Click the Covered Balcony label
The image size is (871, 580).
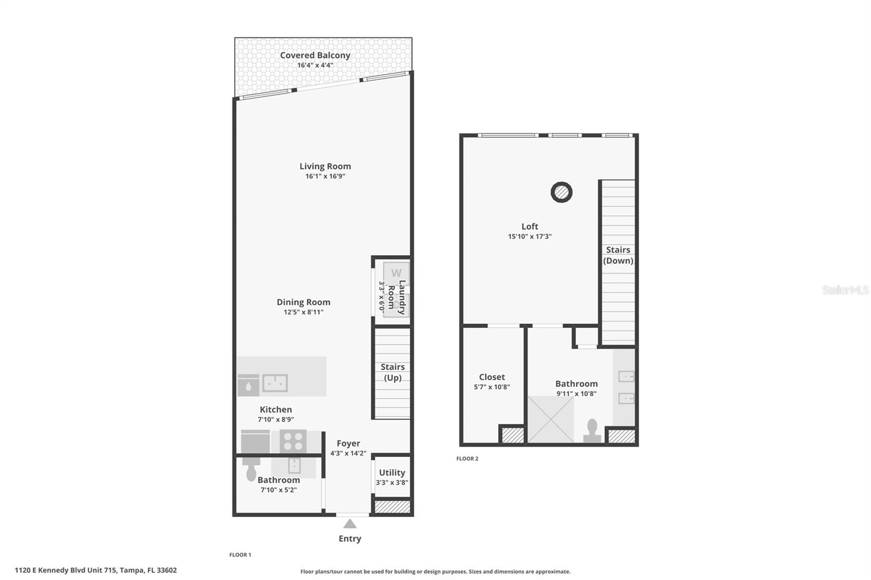pos(315,55)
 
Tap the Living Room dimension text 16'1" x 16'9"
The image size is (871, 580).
pos(325,176)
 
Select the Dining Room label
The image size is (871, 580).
pos(303,302)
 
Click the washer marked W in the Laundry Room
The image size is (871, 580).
pos(396,273)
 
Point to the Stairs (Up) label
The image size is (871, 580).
pos(392,372)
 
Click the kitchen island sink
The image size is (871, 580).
pos(275,383)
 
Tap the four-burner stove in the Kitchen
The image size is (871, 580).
pos(293,441)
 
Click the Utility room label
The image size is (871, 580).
pos(392,472)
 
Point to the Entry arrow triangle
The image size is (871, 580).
pos(350,524)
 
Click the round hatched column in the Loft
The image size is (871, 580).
pos(561,192)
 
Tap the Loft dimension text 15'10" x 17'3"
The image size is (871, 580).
pos(530,237)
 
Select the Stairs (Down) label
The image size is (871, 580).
pos(618,255)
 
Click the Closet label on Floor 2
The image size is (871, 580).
pos(492,377)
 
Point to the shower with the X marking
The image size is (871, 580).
pos(551,419)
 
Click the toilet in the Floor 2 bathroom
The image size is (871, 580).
pos(592,431)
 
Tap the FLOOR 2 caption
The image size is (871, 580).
pos(467,459)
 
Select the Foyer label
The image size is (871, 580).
pos(348,443)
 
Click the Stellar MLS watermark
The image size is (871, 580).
pos(845,290)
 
